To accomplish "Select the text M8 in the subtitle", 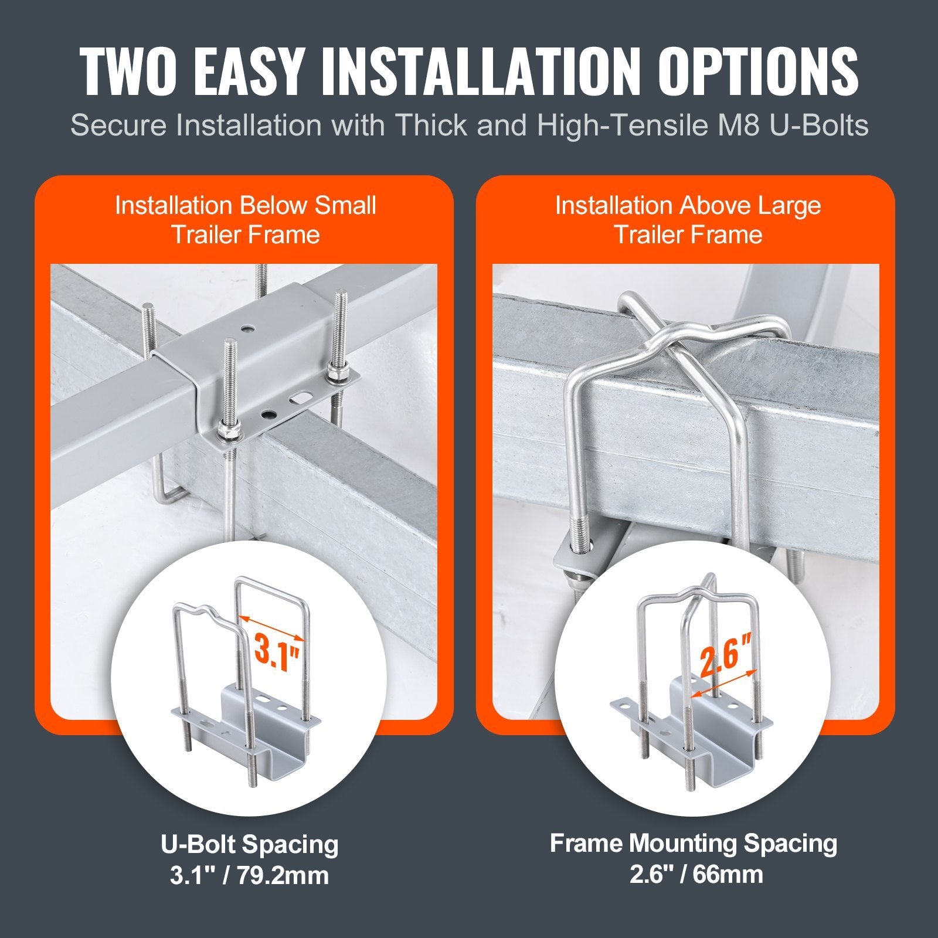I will [x=738, y=125].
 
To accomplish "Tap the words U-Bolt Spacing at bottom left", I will [x=250, y=845].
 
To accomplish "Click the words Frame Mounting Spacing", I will [x=694, y=844].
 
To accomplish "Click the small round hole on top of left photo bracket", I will [x=250, y=329].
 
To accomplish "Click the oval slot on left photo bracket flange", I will [x=303, y=397].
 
